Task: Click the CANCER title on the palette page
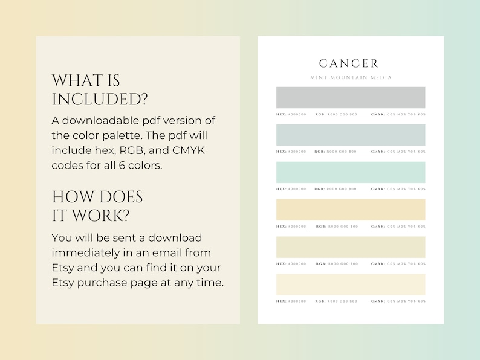point(349,63)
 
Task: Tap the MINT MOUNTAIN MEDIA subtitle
point(351,78)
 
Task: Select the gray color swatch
point(351,97)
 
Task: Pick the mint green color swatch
point(351,172)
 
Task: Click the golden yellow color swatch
point(351,210)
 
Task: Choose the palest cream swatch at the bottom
point(351,284)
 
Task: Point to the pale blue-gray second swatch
point(351,135)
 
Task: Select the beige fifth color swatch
point(351,247)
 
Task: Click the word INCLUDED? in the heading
point(100,99)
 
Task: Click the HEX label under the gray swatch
point(281,114)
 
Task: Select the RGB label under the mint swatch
point(320,189)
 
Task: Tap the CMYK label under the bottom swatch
point(378,301)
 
